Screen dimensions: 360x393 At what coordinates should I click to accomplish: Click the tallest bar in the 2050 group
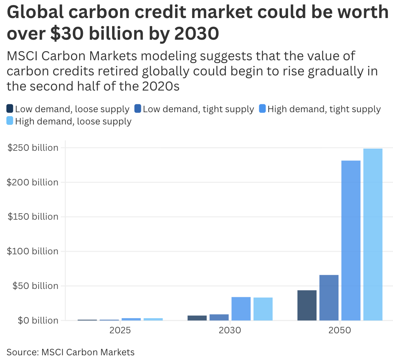373,234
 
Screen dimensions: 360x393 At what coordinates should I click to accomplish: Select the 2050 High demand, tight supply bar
351,240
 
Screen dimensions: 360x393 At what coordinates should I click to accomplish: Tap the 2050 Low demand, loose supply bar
307,305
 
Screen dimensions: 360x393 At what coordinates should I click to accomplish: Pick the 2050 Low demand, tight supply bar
329,298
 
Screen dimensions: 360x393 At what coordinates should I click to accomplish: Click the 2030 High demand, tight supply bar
241,308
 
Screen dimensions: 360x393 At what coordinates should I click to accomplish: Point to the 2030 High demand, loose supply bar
263,309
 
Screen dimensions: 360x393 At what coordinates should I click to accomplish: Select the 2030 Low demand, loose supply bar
197,318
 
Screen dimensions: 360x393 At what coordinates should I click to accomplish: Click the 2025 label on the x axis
120,330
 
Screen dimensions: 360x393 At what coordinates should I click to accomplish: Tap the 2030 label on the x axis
230,330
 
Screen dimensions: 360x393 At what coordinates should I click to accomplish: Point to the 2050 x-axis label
340,330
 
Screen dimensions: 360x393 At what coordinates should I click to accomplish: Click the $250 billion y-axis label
32,148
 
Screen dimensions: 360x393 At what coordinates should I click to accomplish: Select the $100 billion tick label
32,251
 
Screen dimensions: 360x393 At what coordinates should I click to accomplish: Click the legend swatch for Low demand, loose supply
10,109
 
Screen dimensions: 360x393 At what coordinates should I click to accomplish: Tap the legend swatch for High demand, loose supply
10,121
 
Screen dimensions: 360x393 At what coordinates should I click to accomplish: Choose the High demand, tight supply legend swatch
262,109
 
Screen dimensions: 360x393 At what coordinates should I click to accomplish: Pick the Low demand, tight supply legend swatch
138,109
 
